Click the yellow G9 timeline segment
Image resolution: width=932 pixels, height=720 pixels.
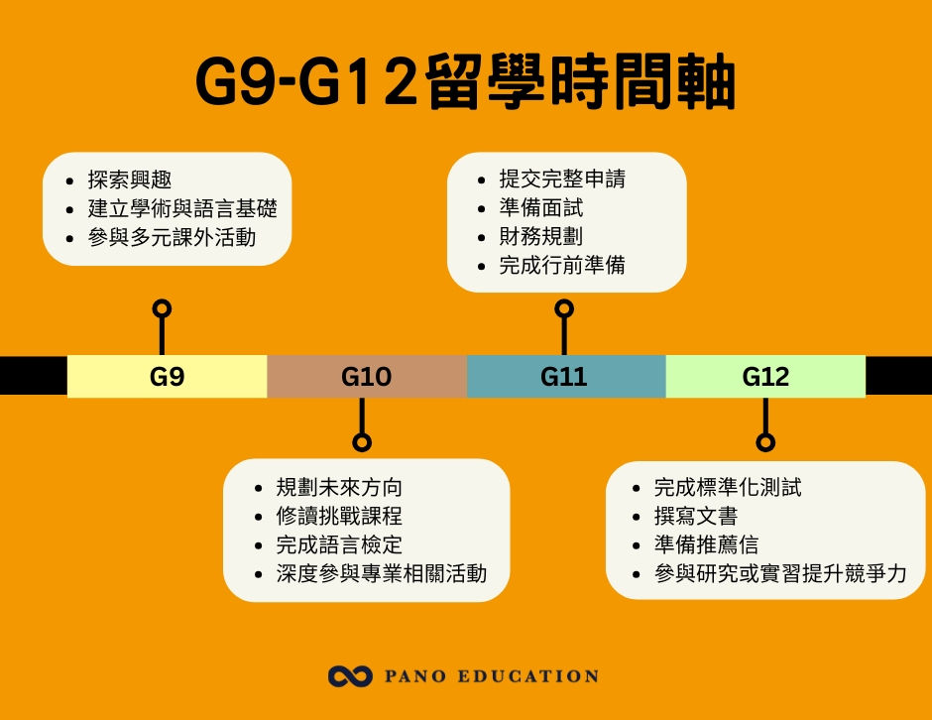pos(167,377)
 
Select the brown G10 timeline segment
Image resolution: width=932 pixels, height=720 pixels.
pos(366,377)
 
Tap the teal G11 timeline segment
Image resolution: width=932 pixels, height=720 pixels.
pos(565,377)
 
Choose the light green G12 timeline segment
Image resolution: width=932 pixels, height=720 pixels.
pos(765,377)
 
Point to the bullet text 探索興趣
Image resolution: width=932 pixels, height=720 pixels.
pos(130,180)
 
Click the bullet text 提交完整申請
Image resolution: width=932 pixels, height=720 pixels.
pos(562,180)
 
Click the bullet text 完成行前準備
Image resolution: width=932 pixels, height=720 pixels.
pos(562,266)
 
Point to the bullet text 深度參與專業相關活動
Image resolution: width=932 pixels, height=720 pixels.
pos(382,574)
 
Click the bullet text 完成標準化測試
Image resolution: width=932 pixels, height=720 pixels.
pos(728,488)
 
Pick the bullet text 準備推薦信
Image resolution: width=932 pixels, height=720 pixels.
pos(707,545)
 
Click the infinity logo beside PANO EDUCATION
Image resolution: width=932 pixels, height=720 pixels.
pos(349,676)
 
